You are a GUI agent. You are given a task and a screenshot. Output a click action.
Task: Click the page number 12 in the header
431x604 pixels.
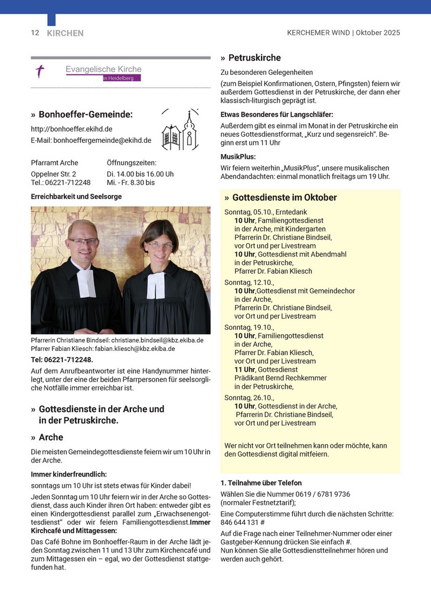click(35, 33)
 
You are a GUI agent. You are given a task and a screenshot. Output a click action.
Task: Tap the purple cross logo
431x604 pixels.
click(40, 72)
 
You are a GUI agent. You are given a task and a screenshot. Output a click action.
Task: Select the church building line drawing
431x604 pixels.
click(181, 130)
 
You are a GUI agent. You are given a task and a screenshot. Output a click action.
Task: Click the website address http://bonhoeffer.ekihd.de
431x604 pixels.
click(71, 129)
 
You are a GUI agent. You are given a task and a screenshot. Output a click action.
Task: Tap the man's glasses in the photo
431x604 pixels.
click(83, 241)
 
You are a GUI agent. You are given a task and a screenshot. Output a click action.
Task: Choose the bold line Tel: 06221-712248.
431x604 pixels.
click(62, 359)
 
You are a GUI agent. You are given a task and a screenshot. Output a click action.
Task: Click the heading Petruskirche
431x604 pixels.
click(254, 58)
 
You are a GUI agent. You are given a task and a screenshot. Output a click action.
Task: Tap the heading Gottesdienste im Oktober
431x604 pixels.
click(285, 198)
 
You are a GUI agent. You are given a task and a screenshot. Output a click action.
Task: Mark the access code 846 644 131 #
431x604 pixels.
click(242, 522)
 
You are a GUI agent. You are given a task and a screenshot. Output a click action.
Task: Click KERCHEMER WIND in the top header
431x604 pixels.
click(318, 33)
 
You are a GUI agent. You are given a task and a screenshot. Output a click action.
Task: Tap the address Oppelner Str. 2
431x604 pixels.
click(53, 174)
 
